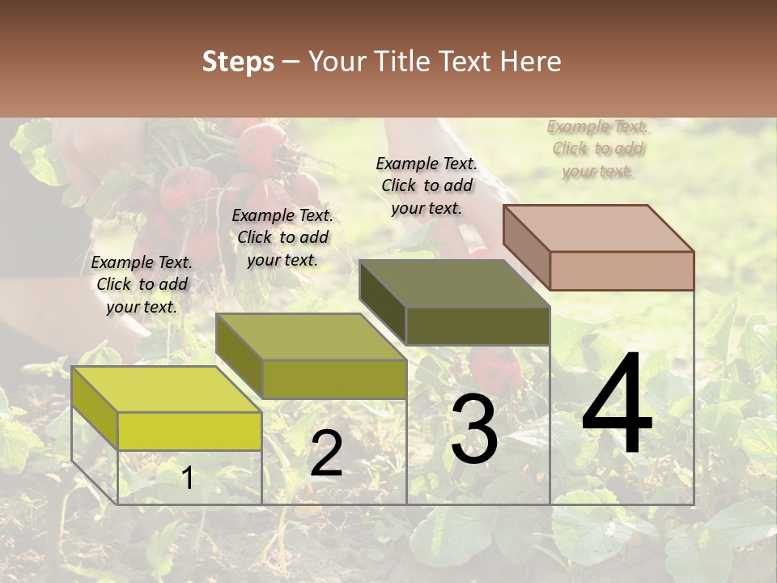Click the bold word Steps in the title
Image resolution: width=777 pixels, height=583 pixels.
tap(238, 62)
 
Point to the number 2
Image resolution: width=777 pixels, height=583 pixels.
tap(326, 453)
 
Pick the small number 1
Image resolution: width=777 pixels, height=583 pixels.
tap(188, 479)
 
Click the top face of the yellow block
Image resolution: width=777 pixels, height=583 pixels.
tap(166, 389)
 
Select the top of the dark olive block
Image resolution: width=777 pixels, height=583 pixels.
tap(454, 283)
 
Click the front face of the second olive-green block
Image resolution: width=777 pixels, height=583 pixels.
tap(334, 379)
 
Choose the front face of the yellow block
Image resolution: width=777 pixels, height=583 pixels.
tap(189, 431)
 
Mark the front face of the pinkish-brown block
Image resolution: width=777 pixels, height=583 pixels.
tap(622, 270)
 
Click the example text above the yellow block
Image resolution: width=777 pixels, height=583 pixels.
tap(142, 284)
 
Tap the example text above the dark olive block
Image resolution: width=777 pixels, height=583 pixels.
tap(427, 185)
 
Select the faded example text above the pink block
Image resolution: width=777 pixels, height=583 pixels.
tap(598, 148)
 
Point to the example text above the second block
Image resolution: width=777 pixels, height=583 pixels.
tap(282, 237)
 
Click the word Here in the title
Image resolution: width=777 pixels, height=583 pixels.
tap(531, 62)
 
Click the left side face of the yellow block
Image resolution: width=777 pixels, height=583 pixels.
tap(95, 408)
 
